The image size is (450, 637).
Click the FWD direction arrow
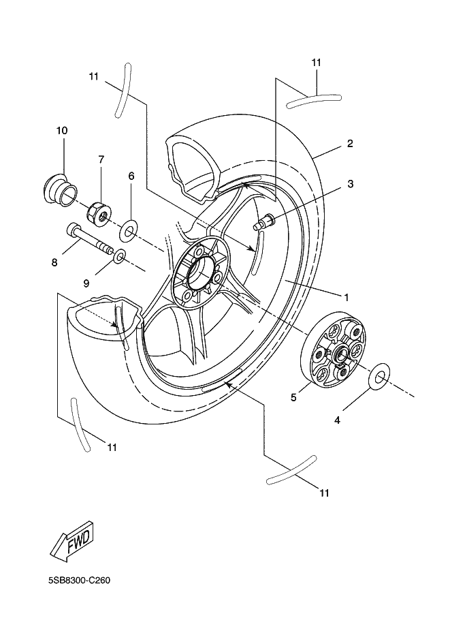tap(73, 541)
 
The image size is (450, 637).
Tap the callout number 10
tap(62, 130)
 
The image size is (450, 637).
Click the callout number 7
tap(101, 159)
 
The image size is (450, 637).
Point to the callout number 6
tap(131, 176)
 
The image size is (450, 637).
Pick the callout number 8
tap(54, 262)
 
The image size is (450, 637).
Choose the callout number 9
tap(86, 283)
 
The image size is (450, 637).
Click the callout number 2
tap(349, 143)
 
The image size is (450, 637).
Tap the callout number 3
tap(350, 184)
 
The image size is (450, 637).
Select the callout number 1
tap(346, 297)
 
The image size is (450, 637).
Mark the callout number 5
tap(294, 397)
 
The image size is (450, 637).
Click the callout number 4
tap(337, 420)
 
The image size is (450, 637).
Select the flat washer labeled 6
tap(129, 231)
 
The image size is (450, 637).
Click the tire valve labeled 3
tap(263, 223)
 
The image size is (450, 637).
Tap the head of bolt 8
tap(71, 230)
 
